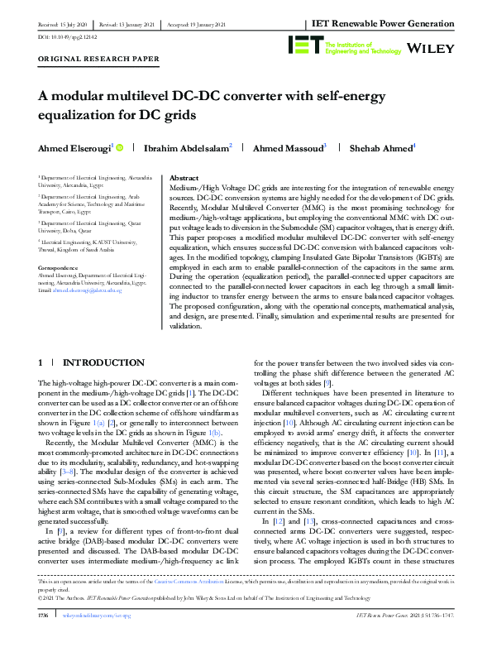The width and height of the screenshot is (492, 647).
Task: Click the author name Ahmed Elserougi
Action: (74, 148)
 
